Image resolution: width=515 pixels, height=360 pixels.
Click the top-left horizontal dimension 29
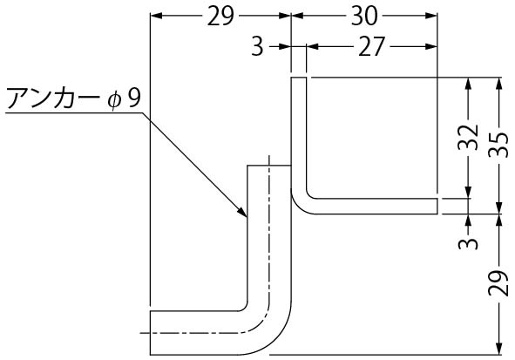click(x=220, y=16)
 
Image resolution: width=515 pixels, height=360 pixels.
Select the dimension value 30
click(x=364, y=16)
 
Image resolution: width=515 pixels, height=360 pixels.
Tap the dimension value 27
click(x=371, y=47)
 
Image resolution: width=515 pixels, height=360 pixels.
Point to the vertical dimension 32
click(x=468, y=138)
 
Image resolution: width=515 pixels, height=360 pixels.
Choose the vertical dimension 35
click(x=498, y=145)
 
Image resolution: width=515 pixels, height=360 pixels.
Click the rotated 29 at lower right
click(x=498, y=283)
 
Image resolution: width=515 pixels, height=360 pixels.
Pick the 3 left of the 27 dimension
click(x=258, y=47)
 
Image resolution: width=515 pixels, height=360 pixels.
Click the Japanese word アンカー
click(x=52, y=98)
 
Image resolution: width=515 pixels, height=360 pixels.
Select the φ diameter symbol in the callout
click(x=114, y=100)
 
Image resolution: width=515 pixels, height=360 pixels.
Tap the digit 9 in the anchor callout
click(x=133, y=98)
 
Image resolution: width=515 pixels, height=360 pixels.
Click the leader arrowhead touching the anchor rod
click(x=242, y=212)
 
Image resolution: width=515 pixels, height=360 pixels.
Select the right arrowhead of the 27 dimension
click(x=430, y=47)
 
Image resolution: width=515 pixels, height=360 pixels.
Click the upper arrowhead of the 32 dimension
click(x=469, y=84)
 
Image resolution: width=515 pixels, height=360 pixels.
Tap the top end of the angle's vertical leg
click(x=299, y=78)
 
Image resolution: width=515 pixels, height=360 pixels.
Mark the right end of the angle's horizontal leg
click(x=437, y=207)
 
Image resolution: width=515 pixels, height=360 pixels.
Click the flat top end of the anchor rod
click(x=269, y=166)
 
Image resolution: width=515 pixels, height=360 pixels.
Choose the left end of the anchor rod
click(x=151, y=333)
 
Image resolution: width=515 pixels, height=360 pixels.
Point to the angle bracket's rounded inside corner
click(x=309, y=196)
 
